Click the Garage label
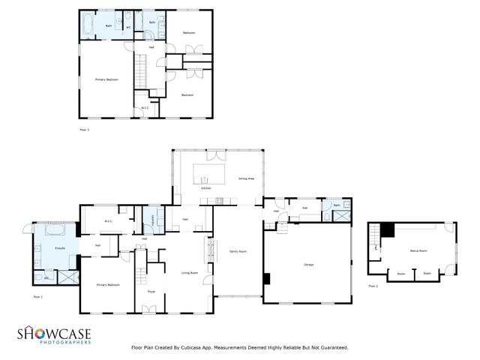click(308, 265)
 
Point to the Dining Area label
click(246, 178)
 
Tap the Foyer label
click(151, 291)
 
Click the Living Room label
click(190, 273)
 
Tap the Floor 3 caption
click(84, 130)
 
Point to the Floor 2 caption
click(373, 286)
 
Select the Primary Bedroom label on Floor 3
click(106, 79)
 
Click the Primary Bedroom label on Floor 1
click(108, 285)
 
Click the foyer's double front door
click(149, 309)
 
